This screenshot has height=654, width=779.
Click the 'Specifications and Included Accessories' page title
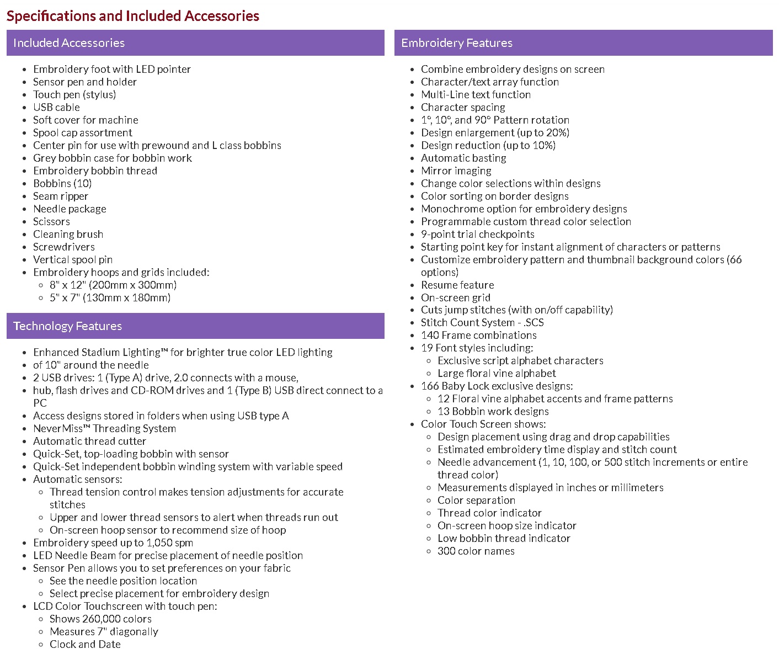click(133, 16)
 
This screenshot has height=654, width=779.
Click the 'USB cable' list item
click(56, 107)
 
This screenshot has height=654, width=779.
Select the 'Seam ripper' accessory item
click(61, 196)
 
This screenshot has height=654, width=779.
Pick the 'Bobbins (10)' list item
click(62, 183)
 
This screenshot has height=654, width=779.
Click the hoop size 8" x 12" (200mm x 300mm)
click(113, 285)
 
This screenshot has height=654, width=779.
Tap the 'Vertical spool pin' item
click(73, 259)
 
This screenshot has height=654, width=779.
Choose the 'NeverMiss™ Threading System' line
click(104, 428)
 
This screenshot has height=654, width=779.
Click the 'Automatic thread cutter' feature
click(89, 441)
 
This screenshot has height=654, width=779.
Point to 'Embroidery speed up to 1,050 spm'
click(113, 543)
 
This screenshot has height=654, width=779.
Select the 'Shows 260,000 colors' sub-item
click(100, 619)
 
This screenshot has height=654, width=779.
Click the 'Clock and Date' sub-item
click(85, 644)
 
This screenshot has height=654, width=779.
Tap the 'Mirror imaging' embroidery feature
click(456, 171)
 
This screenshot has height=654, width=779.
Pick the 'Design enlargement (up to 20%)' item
click(495, 132)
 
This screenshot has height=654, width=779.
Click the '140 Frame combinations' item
click(478, 335)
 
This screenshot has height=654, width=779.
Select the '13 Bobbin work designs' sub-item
click(493, 411)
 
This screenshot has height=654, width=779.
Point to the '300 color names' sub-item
click(476, 551)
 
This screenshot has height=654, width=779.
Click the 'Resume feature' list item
click(457, 285)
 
